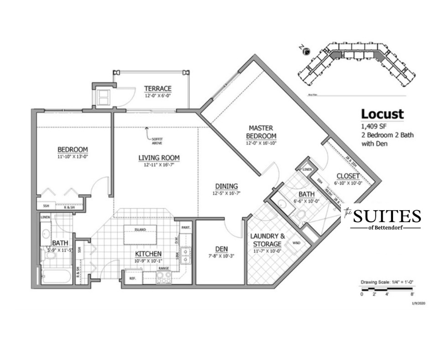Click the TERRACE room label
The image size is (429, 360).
point(157,88)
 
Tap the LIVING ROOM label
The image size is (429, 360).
point(159,158)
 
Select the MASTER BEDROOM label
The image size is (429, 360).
point(262,132)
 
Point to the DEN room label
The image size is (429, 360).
point(221,249)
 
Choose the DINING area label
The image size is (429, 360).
point(226,186)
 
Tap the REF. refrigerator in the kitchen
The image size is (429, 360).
point(132,278)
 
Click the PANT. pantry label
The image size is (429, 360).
point(186,227)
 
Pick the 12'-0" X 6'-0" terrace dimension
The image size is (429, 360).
point(157,95)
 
